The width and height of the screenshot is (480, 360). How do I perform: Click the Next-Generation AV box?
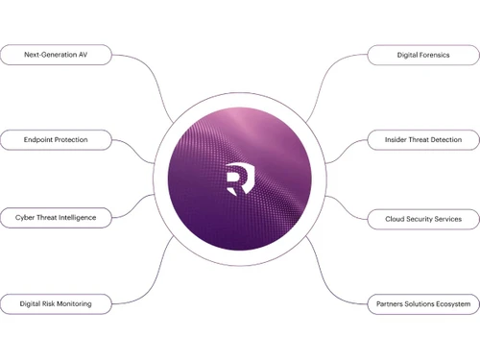coord(56,55)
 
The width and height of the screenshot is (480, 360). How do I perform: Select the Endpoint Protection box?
coord(56,139)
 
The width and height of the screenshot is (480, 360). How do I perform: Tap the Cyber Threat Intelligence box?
coord(56,218)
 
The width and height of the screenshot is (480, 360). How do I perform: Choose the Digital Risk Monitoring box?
coord(56,303)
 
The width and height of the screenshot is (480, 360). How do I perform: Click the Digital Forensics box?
coord(422,56)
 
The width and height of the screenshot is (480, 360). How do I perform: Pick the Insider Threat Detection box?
coord(422,140)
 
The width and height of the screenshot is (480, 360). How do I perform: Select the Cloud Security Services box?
coord(422,219)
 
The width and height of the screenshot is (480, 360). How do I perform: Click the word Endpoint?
coord(41,139)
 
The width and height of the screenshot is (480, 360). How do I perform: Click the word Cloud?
coord(382,219)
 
